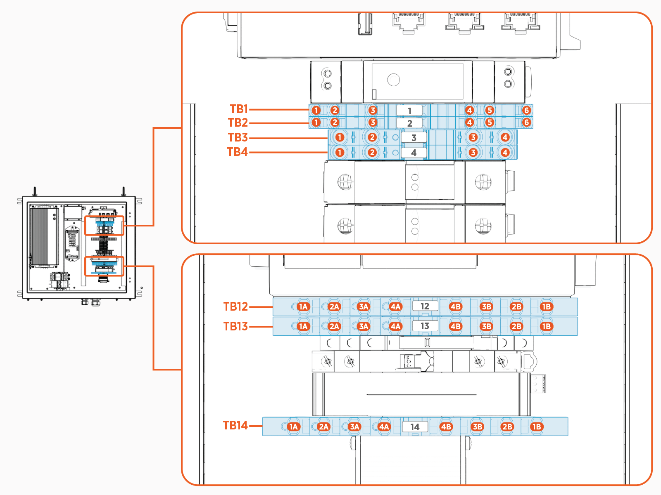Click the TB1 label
point(239,109)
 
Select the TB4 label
point(238,152)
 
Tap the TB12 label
point(235,306)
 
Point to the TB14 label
point(235,425)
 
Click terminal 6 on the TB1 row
point(526,111)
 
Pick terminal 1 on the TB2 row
point(316,123)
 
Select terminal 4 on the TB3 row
point(505,137)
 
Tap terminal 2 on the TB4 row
point(372,153)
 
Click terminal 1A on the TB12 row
point(303,306)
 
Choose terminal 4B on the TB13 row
point(455,326)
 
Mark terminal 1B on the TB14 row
point(536,427)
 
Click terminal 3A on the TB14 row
point(354,427)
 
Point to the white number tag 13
point(425,326)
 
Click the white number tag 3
point(414,138)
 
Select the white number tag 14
point(415,427)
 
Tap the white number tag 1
point(409,111)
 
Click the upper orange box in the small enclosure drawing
point(104,226)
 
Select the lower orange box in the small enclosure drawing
point(104,266)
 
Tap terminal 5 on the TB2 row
point(489,123)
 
